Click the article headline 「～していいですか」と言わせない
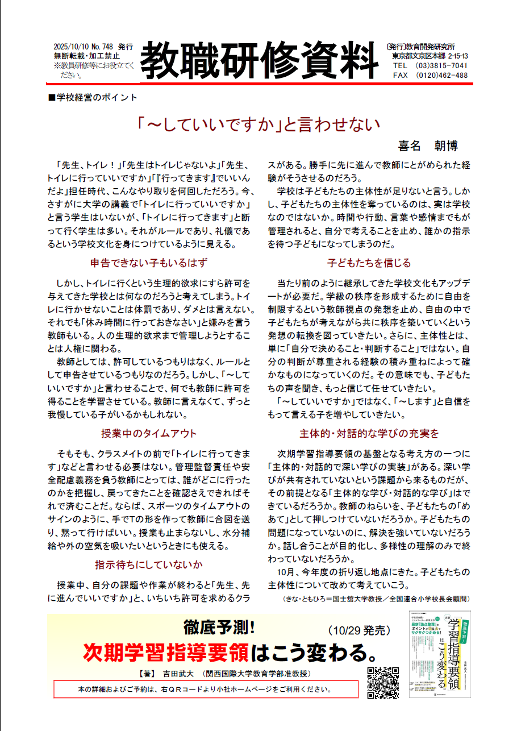coord(258,124)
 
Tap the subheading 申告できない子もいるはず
coord(149,263)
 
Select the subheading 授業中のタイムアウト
coord(149,434)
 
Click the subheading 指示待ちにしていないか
coord(149,564)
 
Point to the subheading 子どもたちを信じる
coord(369,263)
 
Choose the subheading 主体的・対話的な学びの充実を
coord(369,434)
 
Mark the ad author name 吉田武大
coord(177,674)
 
